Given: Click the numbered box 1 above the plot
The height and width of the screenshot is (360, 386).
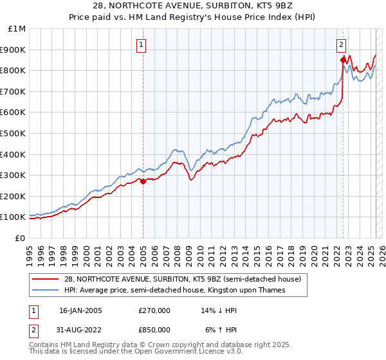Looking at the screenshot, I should (140, 44).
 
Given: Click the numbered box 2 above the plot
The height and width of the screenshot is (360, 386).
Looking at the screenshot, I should (341, 44).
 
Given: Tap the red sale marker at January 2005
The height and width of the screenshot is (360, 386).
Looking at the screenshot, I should (143, 181).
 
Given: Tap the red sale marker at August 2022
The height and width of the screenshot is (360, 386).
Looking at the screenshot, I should (343, 60).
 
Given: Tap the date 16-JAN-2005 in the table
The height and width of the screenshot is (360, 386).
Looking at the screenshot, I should (80, 310).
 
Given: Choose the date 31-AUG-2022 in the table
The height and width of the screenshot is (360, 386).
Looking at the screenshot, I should (80, 332).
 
